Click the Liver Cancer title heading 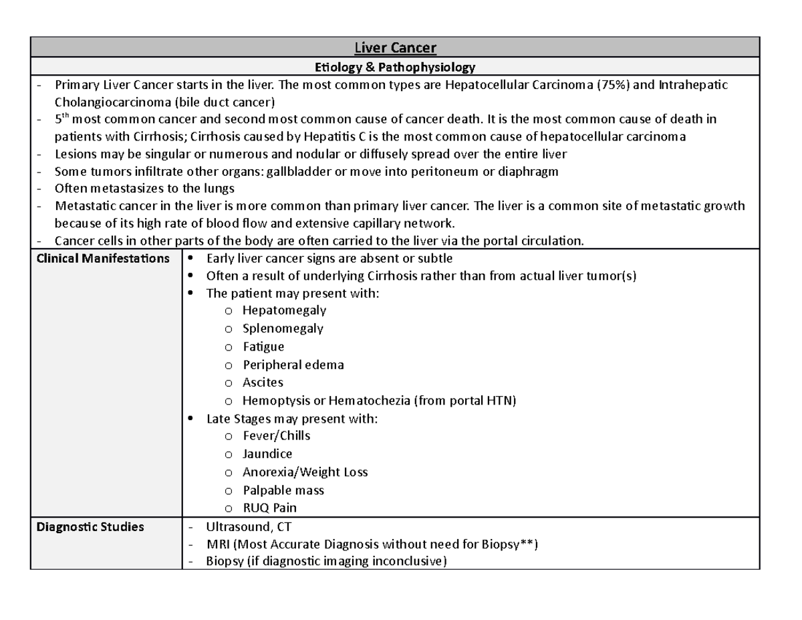click(395, 47)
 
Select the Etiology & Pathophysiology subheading click(395, 67)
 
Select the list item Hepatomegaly click(284, 310)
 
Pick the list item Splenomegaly click(283, 328)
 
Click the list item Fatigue click(263, 346)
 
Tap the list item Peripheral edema click(293, 365)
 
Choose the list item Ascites click(263, 383)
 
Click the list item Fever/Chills click(276, 435)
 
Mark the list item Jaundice click(267, 453)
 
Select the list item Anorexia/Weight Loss click(305, 472)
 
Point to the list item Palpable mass click(283, 490)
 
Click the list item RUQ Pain click(269, 508)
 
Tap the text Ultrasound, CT click(246, 527)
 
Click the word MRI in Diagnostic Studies click(218, 544)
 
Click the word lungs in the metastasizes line click(219, 189)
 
